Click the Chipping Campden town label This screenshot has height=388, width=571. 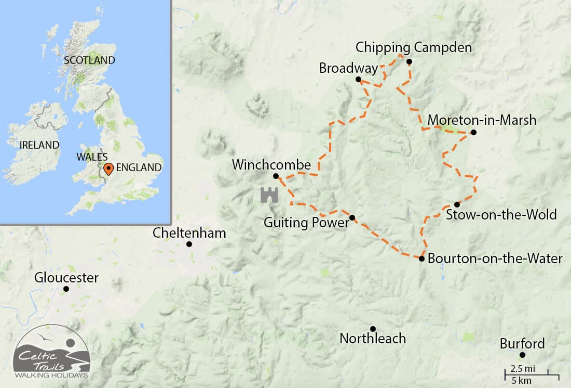click(413, 48)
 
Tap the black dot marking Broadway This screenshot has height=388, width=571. click(358, 79)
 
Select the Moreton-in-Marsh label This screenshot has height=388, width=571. click(481, 120)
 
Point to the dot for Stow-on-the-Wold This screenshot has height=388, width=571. click(457, 204)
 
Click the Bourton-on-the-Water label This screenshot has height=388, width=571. click(495, 258)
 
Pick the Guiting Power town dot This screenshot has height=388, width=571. click(352, 217)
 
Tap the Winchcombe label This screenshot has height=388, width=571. click(271, 165)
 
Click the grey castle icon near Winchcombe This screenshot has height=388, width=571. click(269, 195)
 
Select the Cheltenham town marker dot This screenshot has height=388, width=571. click(189, 244)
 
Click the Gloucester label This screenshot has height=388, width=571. click(66, 278)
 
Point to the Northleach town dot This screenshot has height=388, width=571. click(373, 328)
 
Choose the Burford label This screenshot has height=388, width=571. click(522, 344)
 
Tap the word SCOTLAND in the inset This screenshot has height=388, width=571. click(89, 60)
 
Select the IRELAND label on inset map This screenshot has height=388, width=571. click(39, 145)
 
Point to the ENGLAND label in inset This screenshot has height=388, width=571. click(139, 167)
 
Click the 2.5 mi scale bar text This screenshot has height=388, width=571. click(523, 369)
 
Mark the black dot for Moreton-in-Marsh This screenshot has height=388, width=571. click(473, 132)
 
